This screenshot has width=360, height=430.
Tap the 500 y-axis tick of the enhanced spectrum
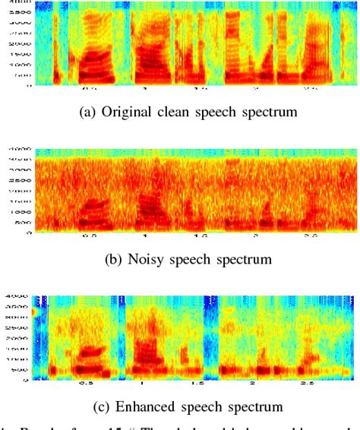click(x=16, y=370)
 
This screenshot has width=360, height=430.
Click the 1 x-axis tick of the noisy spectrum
click(x=144, y=238)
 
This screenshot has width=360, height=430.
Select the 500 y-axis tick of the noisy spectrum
click(x=16, y=223)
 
